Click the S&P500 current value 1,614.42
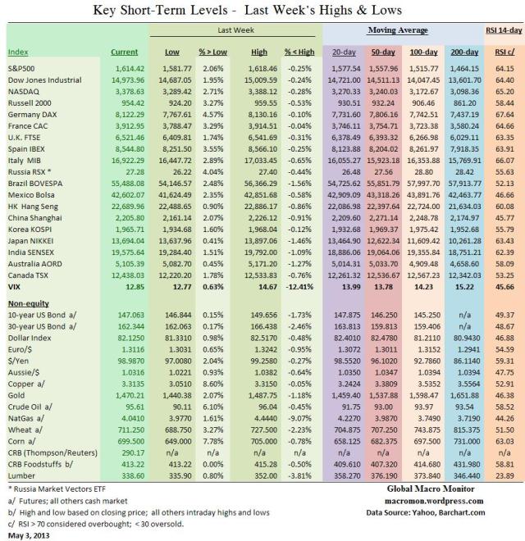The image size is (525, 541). click(x=130, y=69)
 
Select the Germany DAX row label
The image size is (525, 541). click(x=33, y=115)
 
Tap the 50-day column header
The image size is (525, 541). click(x=383, y=52)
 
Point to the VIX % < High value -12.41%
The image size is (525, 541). click(x=299, y=287)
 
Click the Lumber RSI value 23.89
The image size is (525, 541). click(x=504, y=475)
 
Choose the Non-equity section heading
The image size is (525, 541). click(x=29, y=303)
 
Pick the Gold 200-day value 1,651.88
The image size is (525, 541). click(x=464, y=395)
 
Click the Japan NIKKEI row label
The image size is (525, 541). click(x=30, y=241)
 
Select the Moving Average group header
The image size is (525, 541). click(x=398, y=30)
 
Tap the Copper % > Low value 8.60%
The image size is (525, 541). click(x=213, y=384)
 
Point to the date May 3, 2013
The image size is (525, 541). click(x=29, y=535)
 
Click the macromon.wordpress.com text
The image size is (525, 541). click(x=434, y=501)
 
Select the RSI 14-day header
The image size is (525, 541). click(x=504, y=30)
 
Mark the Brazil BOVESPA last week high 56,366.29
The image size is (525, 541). click(x=260, y=184)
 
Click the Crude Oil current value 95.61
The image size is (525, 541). click(x=135, y=407)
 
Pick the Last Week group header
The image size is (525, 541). click(x=235, y=30)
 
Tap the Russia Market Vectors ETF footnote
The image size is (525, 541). click(x=57, y=489)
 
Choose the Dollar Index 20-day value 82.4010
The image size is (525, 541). click(x=346, y=338)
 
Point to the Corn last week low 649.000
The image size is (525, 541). click(x=178, y=441)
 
